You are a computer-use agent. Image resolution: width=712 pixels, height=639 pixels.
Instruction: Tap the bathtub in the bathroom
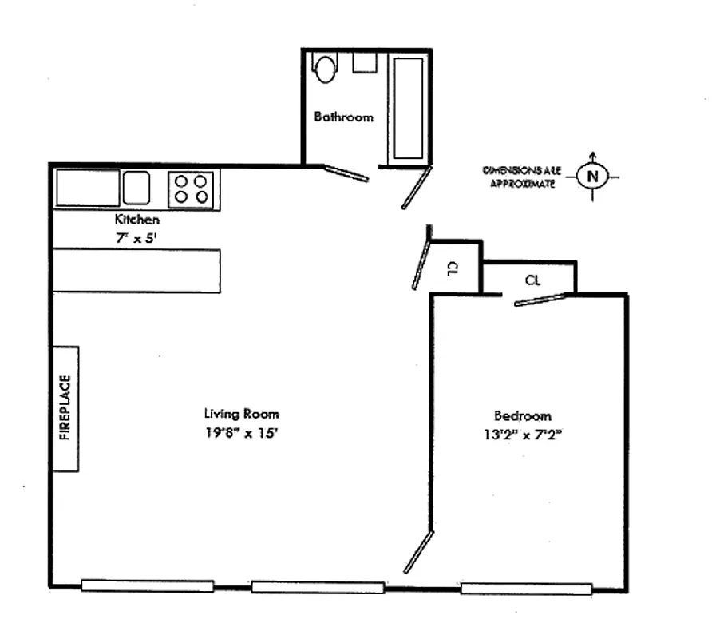(x=409, y=108)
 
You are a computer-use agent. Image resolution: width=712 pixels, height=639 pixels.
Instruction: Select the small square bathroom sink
(x=365, y=63)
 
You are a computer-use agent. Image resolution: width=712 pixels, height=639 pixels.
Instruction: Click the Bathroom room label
(x=343, y=117)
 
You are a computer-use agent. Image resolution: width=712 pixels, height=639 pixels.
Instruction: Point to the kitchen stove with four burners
(x=192, y=189)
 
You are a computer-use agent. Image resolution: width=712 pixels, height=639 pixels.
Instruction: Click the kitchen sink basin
(x=136, y=188)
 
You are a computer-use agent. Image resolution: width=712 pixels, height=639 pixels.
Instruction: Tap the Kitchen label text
(x=137, y=220)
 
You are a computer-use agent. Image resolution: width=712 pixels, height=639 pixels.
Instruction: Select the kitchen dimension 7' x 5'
(x=137, y=236)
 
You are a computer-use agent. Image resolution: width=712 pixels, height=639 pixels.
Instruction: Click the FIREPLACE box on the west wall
(x=65, y=408)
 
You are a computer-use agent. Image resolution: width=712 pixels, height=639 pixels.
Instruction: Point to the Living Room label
(x=241, y=414)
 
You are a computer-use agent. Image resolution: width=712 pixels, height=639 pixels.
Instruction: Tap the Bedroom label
(x=522, y=415)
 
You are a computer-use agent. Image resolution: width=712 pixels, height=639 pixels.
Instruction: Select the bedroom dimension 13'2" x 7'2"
(x=523, y=435)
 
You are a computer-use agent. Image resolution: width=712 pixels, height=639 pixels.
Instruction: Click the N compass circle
(x=591, y=176)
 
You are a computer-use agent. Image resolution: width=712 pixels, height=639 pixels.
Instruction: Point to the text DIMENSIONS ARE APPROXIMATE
(x=519, y=177)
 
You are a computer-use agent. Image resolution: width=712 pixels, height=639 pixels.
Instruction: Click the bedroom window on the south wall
(x=526, y=589)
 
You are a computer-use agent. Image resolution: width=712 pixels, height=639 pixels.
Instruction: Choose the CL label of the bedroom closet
(x=533, y=280)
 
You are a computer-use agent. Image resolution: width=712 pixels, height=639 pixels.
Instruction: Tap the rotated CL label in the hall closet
(x=452, y=268)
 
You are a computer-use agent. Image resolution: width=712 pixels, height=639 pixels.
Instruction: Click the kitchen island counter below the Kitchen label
(x=136, y=271)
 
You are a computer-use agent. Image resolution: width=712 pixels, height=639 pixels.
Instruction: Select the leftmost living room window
(x=147, y=586)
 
